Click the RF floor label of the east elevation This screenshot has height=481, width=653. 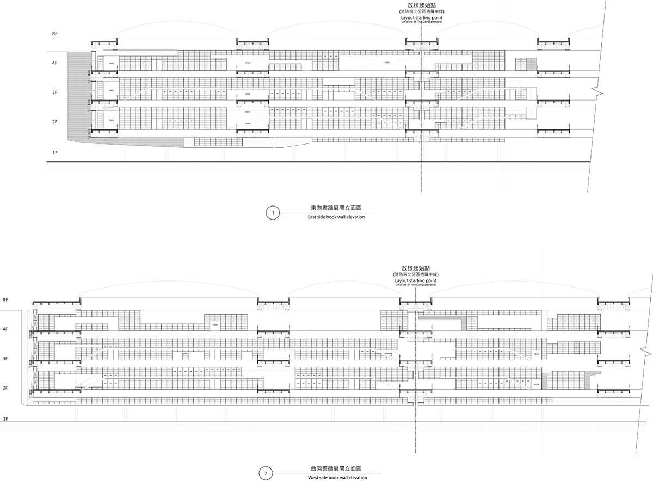(55, 33)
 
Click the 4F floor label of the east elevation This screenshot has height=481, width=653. (55, 63)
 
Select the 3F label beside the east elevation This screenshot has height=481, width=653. (55, 93)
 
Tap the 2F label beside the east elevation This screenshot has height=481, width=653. (55, 122)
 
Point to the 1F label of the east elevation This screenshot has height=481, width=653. (55, 153)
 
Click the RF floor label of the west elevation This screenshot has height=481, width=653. (6, 299)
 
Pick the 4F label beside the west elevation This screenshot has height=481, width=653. (6, 329)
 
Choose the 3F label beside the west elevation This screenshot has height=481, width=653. (6, 359)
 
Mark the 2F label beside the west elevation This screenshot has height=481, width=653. (6, 388)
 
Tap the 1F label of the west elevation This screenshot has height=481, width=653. (6, 419)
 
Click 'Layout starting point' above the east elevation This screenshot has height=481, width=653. (421, 18)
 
